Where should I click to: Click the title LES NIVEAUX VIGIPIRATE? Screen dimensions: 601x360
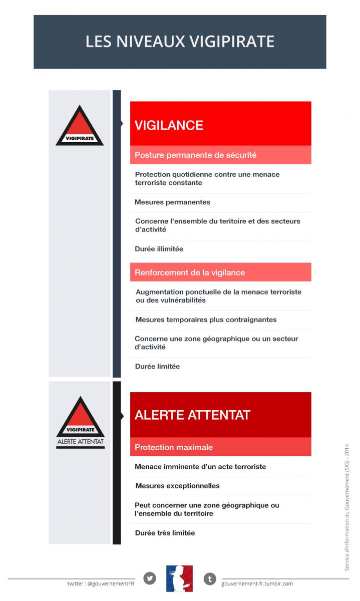(180, 41)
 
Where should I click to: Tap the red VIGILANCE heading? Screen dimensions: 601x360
(169, 125)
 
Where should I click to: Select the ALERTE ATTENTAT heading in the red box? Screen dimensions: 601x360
(192, 415)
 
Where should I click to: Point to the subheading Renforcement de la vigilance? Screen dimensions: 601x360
(190, 273)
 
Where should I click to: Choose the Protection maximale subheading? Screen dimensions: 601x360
(174, 447)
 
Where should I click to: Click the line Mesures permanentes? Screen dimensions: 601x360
(172, 202)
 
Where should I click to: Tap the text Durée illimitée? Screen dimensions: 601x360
(159, 249)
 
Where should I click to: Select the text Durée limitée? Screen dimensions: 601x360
(157, 367)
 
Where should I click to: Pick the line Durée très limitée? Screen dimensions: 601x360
(165, 533)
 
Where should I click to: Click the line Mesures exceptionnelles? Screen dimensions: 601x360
(177, 486)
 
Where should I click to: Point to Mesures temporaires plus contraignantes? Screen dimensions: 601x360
(205, 320)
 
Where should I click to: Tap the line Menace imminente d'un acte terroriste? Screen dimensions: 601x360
(200, 467)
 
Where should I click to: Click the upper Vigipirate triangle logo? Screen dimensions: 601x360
(80, 127)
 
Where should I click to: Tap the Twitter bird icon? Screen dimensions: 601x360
(150, 578)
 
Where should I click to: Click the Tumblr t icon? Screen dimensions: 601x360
(210, 579)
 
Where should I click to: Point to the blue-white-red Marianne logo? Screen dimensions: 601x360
(179, 578)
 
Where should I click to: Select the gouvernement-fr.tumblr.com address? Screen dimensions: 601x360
(257, 583)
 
